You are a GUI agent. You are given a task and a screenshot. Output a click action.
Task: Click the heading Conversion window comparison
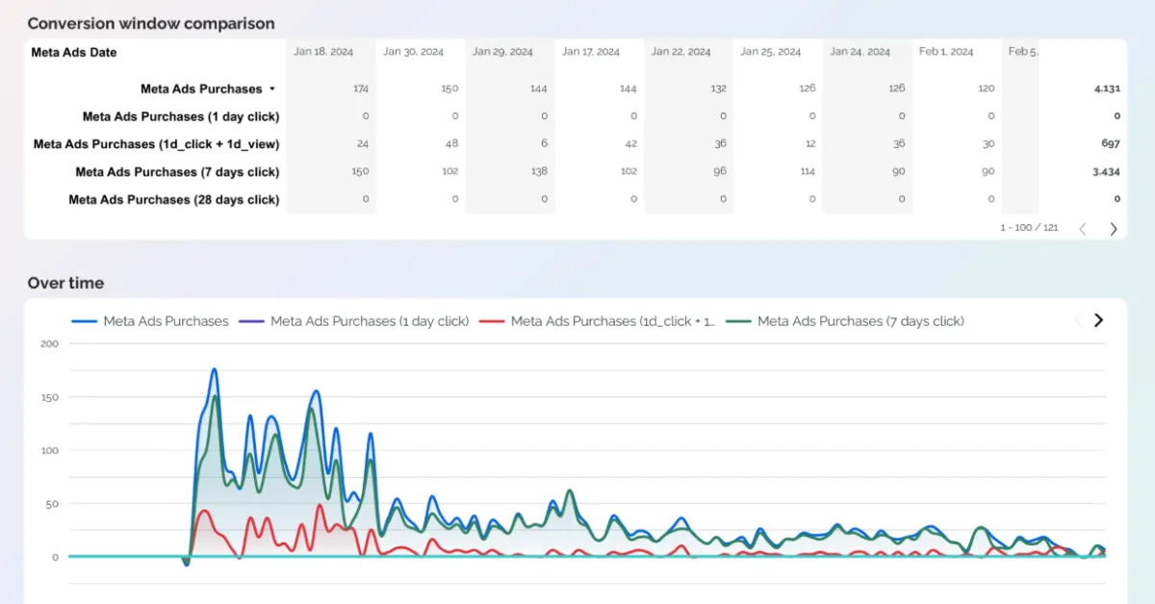(x=150, y=23)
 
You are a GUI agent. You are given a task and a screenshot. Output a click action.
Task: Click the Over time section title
(x=65, y=283)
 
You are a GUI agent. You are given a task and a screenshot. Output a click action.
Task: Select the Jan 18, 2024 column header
(x=323, y=52)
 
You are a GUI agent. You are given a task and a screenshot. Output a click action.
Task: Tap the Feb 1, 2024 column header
(x=945, y=52)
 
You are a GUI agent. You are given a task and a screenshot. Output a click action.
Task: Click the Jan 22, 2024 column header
(x=680, y=52)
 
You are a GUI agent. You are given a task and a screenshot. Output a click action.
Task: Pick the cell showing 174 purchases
(x=361, y=88)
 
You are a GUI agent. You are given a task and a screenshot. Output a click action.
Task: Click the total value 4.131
(x=1106, y=88)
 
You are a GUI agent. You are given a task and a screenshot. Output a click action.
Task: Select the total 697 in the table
(x=1110, y=144)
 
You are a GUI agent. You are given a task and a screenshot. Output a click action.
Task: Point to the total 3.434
(x=1105, y=172)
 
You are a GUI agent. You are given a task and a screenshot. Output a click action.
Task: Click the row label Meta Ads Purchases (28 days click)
(x=174, y=200)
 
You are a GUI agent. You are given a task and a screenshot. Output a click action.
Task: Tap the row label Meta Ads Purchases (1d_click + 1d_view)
(x=157, y=144)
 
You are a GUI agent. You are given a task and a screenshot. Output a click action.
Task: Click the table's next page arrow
(x=1114, y=229)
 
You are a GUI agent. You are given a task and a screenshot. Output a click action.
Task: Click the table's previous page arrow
(x=1083, y=229)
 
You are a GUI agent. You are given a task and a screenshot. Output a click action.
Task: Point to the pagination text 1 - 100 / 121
(x=1029, y=228)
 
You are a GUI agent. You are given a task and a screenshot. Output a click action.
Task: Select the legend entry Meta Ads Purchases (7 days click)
(x=860, y=321)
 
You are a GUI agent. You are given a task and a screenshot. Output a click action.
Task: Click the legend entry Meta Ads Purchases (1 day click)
(x=370, y=321)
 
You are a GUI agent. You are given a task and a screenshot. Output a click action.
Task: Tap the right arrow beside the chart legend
(x=1098, y=320)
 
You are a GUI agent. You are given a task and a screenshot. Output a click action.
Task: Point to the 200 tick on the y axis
(x=49, y=343)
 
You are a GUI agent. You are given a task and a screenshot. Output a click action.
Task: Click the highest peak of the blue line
(x=214, y=369)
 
